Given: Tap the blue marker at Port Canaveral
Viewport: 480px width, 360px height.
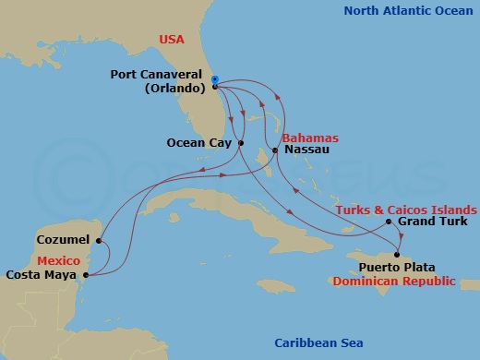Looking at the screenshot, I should (214, 80).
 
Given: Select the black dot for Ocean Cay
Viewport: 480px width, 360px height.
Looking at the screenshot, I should (240, 143).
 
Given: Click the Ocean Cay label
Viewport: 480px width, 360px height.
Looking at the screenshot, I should (198, 143).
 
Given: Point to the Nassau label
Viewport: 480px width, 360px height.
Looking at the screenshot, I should (303, 149).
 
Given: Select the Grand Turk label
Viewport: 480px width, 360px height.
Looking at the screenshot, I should (432, 222).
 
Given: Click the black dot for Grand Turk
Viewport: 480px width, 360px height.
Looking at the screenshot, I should (389, 222).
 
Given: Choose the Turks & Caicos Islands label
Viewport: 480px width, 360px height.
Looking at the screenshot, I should (405, 210).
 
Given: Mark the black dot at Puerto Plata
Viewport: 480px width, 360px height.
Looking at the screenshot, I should (397, 255).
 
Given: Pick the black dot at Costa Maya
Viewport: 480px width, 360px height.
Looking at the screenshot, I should (85, 274).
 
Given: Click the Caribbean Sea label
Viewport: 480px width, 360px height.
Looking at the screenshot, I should (317, 343).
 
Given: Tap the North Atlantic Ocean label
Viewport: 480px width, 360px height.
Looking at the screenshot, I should (406, 11).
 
